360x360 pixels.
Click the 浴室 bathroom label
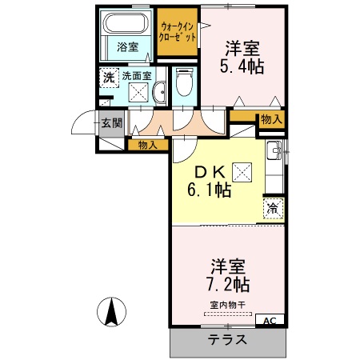128,46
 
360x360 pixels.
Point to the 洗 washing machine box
108,78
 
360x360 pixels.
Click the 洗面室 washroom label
136,77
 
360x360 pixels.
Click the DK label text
206,170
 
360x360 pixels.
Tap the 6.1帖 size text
210,190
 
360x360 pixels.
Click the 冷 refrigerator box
274,207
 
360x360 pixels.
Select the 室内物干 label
228,305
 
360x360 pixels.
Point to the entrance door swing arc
82,125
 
